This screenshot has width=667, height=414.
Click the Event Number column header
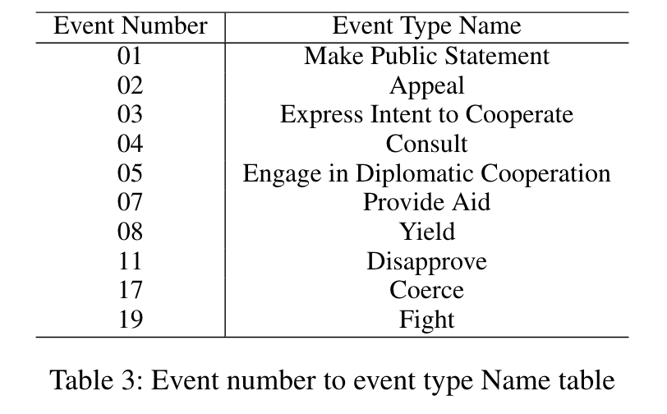click(x=130, y=26)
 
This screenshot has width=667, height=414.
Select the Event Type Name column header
click(x=426, y=26)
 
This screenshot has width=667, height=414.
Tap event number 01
click(x=130, y=56)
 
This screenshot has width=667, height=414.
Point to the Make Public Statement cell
click(x=426, y=56)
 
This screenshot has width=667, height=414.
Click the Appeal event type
click(x=426, y=85)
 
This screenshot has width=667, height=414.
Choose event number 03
click(x=130, y=114)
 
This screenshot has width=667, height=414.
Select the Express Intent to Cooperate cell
click(x=426, y=114)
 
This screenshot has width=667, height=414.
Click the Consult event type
click(x=426, y=144)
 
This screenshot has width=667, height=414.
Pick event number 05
click(x=130, y=173)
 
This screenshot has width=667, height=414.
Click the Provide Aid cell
click(x=426, y=202)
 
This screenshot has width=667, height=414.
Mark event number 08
click(x=130, y=232)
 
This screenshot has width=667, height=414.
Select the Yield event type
click(x=426, y=232)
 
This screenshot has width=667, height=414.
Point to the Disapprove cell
click(x=426, y=261)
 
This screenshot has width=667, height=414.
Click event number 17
click(x=130, y=290)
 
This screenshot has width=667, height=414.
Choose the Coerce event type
click(x=426, y=290)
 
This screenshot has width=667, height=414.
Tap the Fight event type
click(x=426, y=320)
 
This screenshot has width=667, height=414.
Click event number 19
click(x=130, y=320)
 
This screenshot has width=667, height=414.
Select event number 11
click(x=130, y=261)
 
